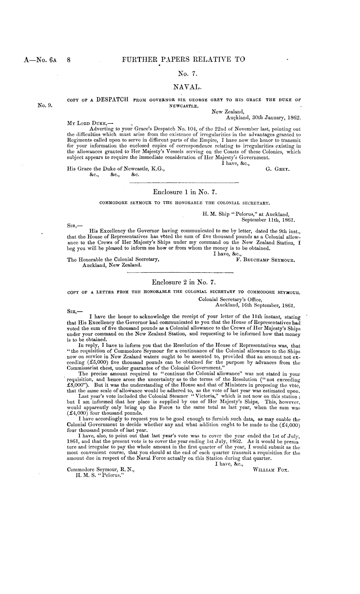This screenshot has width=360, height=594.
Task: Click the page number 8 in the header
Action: pos(69,59)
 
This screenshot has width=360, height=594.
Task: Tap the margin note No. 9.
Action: pos(45,105)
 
